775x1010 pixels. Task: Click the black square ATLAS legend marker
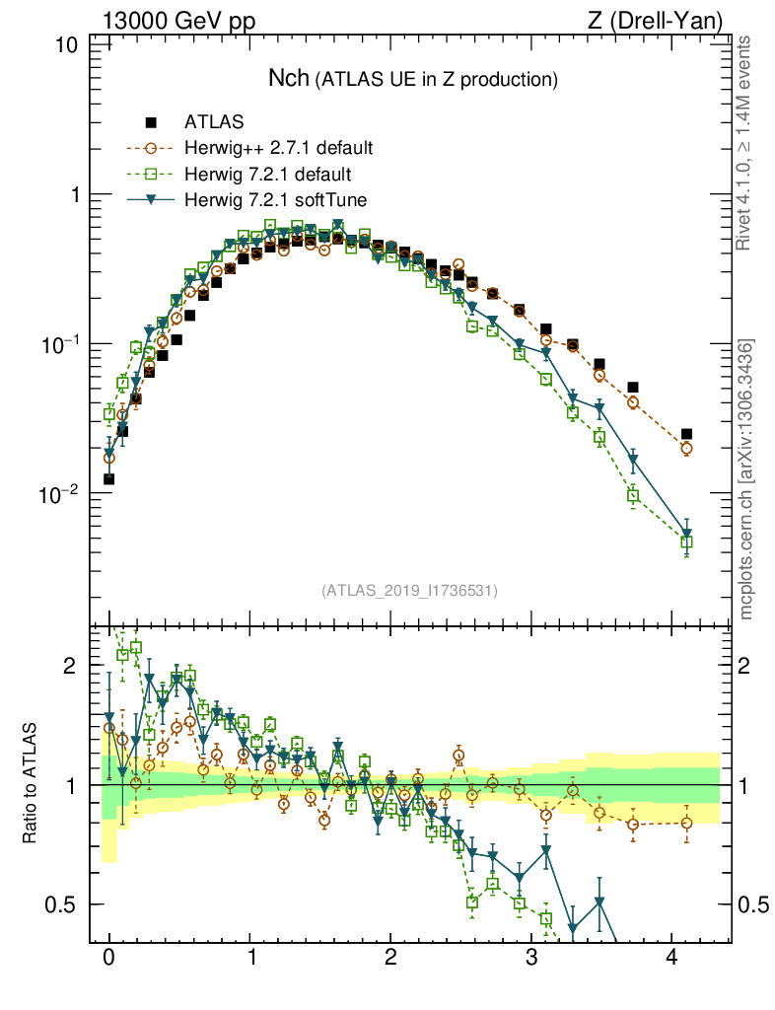[151, 123]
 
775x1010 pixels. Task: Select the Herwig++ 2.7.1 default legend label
[279, 149]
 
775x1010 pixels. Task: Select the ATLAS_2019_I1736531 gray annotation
[409, 591]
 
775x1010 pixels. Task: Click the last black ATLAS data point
[686, 434]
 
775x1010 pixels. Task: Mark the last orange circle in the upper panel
[686, 448]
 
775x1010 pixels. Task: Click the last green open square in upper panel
[686, 542]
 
